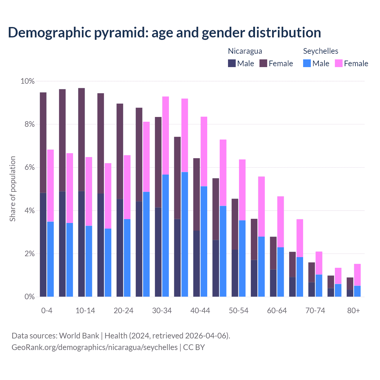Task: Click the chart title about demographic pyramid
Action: (x=164, y=32)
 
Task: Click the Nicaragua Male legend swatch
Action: (x=232, y=63)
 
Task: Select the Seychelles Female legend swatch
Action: (x=338, y=63)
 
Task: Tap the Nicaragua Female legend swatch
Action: (x=263, y=63)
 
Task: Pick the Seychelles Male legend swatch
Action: (x=307, y=63)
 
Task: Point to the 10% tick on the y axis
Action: (x=28, y=81)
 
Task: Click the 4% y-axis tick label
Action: (x=29, y=211)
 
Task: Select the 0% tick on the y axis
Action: (x=29, y=297)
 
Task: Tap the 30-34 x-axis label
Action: (x=162, y=311)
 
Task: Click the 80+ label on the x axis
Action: (x=353, y=311)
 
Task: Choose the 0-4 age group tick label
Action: (x=47, y=311)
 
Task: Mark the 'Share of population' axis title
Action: (x=12, y=189)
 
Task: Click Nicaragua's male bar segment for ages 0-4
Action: (x=43, y=245)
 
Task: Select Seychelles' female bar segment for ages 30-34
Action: (x=166, y=135)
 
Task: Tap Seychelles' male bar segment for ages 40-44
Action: (x=204, y=241)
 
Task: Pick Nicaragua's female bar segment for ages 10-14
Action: (x=81, y=140)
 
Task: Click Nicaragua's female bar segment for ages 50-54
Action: (x=235, y=224)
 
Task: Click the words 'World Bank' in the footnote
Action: (x=79, y=336)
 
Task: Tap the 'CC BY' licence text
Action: (x=194, y=347)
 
